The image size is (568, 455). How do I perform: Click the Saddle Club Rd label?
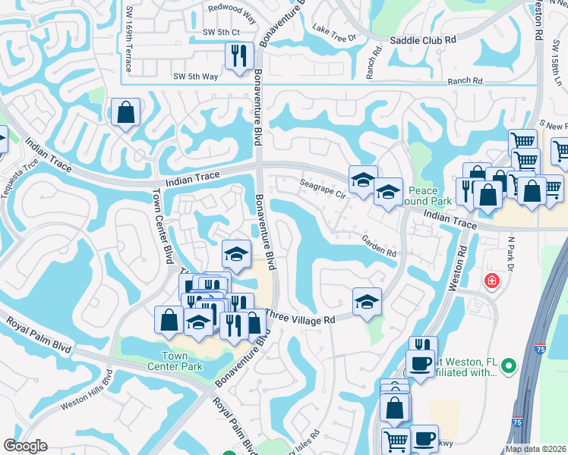[423, 39]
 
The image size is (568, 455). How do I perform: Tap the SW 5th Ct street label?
[221, 32]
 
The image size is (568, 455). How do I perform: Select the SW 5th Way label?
[195, 77]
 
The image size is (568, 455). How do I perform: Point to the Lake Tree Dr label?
[334, 33]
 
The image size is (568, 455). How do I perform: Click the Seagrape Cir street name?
[323, 188]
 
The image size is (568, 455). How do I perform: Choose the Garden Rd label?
[379, 245]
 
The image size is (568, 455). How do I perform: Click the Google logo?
[26, 446]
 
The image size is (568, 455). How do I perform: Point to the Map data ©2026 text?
[535, 449]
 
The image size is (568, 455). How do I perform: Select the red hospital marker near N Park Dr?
[492, 281]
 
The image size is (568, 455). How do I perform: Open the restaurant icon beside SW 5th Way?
[238, 56]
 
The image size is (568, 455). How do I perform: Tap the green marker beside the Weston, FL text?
[508, 367]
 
